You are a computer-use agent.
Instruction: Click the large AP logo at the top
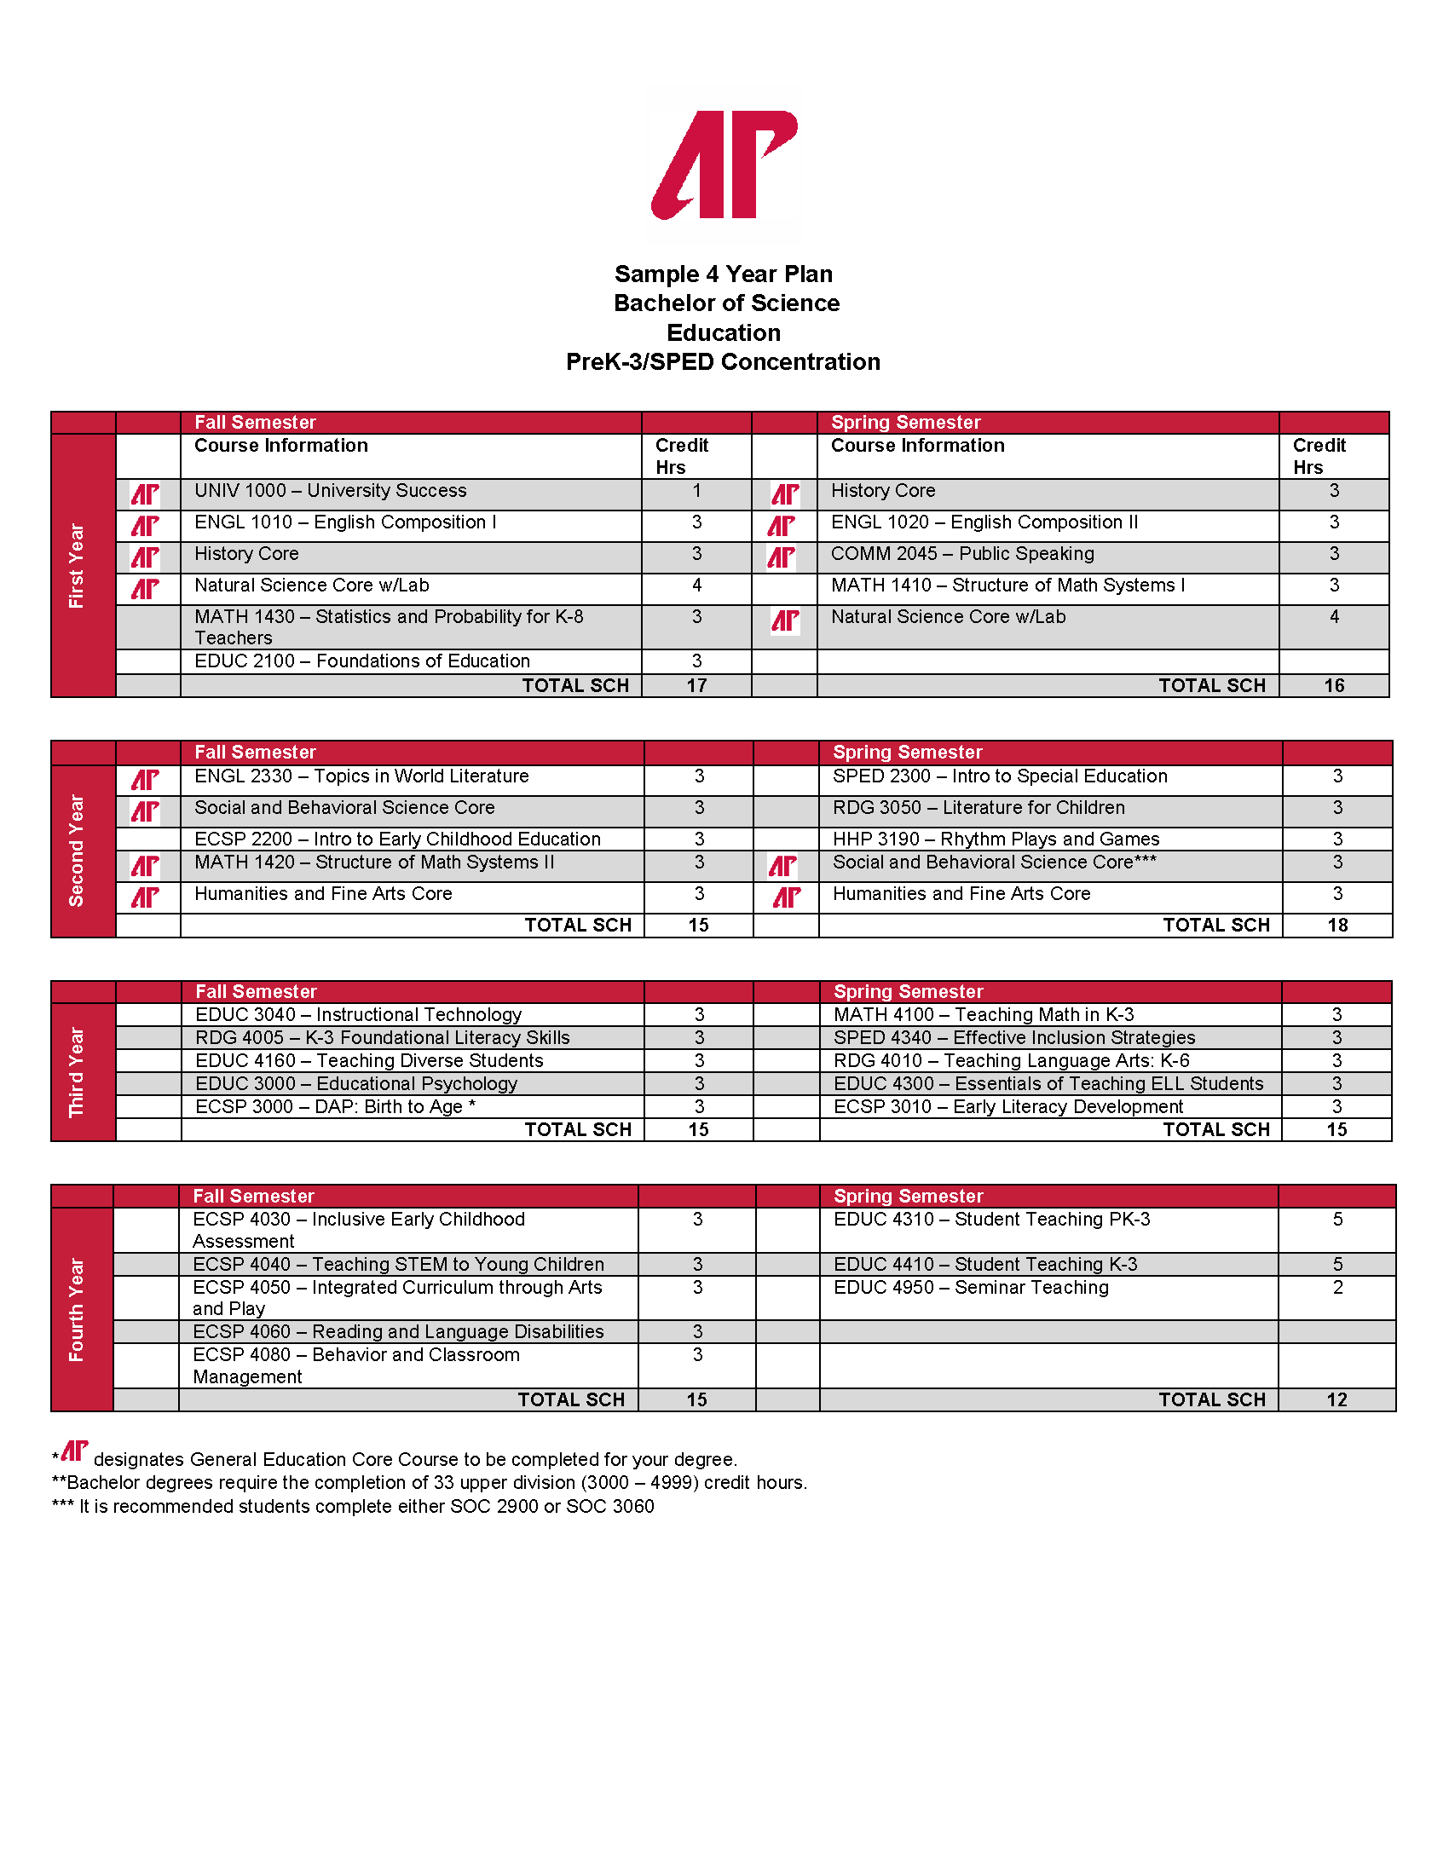[x=724, y=164]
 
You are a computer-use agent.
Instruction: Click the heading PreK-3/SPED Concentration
[x=723, y=362]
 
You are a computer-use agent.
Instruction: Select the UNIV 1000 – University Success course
[x=331, y=491]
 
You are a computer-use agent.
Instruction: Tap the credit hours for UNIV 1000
[x=696, y=491]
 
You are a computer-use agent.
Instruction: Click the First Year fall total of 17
[x=696, y=686]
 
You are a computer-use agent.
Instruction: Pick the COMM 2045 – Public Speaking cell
[x=962, y=554]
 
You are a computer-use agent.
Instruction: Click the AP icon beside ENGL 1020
[x=782, y=525]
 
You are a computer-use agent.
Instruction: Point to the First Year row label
[x=78, y=566]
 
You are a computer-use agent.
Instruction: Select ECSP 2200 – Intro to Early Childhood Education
[x=397, y=839]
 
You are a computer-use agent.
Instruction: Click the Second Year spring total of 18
[x=1337, y=926]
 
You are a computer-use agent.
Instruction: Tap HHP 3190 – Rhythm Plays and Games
[x=996, y=839]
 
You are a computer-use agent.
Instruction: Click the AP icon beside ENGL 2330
[x=145, y=780]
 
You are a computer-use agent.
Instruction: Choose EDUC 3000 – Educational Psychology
[x=356, y=1083]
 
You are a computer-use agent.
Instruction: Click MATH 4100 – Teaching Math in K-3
[x=984, y=1015]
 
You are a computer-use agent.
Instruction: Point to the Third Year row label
[x=78, y=1071]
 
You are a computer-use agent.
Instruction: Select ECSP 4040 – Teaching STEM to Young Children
[x=398, y=1265]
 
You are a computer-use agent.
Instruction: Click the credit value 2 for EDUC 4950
[x=1337, y=1288]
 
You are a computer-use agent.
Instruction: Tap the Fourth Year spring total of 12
[x=1336, y=1400]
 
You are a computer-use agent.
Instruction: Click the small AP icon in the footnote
[x=75, y=1451]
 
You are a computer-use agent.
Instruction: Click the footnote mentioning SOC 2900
[x=354, y=1507]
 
